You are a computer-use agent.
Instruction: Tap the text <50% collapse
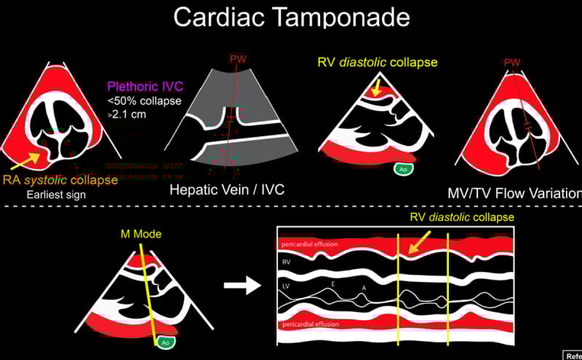143,101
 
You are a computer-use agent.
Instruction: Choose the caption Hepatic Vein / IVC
226,190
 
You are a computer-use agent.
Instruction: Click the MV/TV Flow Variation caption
514,193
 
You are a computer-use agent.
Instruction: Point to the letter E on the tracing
333,283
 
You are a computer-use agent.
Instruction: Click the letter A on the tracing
363,288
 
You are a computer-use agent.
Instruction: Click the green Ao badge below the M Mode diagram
166,343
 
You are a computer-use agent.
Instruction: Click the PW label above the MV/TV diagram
514,63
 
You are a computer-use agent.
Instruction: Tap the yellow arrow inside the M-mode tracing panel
418,241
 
